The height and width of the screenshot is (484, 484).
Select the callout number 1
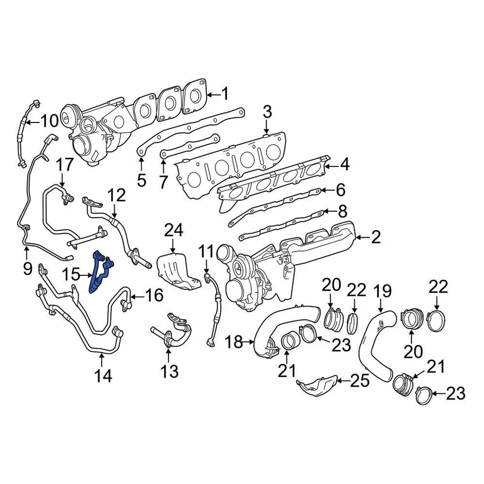pos(225,94)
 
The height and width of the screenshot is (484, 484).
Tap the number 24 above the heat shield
pos(174,231)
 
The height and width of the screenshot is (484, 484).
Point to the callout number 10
pos(49,121)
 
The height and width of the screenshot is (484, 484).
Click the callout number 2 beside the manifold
pos(376,237)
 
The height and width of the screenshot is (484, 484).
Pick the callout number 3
pos(267,112)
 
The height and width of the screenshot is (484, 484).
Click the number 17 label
pos(65,165)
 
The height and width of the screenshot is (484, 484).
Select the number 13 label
pos(169,372)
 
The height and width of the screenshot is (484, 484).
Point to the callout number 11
pos(206,251)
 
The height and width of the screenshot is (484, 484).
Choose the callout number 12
pos(116,194)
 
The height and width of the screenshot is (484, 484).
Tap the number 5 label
pos(141,179)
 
